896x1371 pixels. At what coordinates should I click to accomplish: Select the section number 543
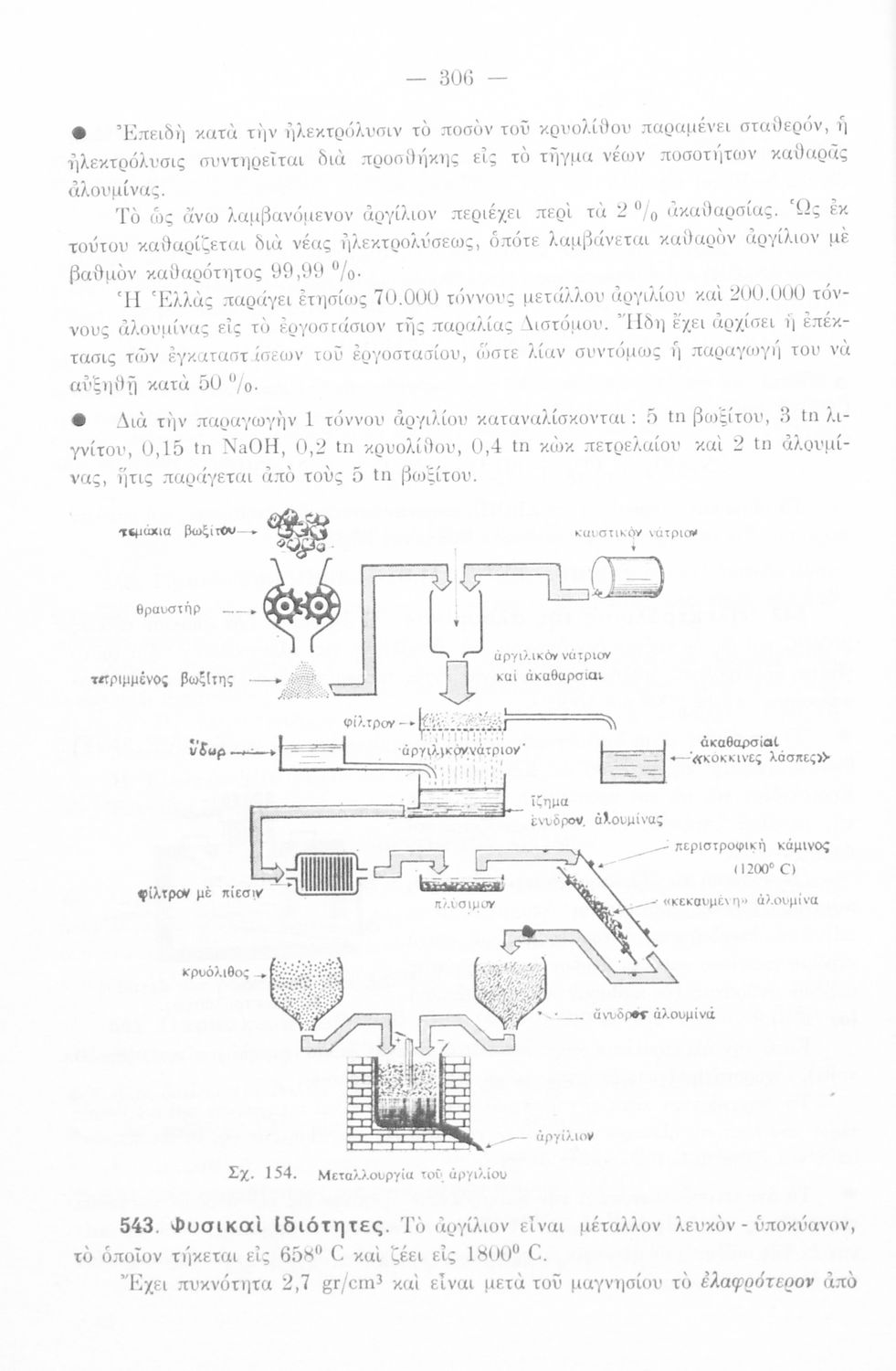[x=139, y=1226]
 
